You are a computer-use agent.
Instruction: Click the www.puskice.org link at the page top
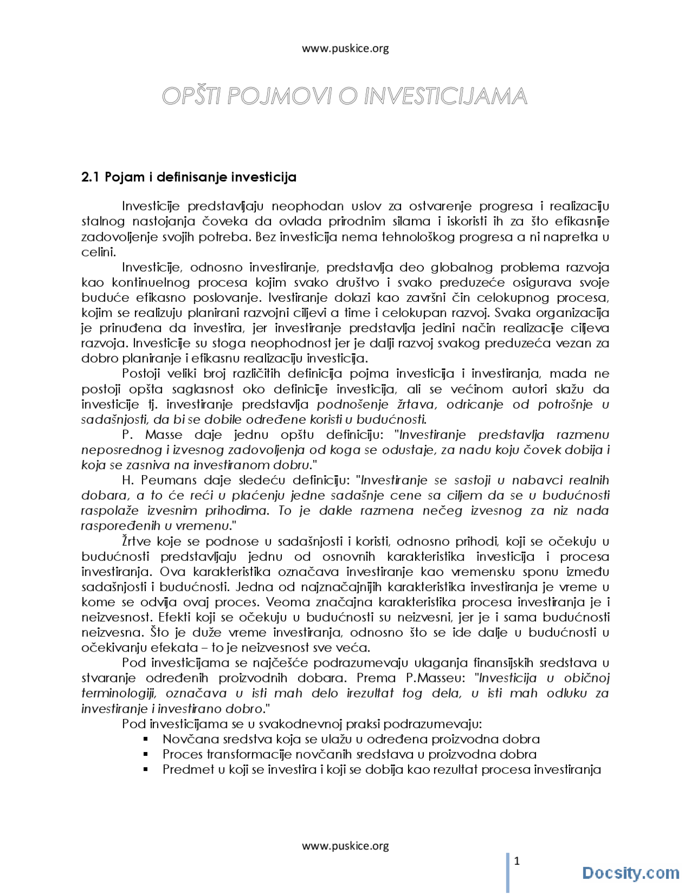(x=345, y=49)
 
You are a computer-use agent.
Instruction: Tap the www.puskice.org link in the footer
(x=345, y=846)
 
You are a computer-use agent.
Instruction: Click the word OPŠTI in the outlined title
(x=192, y=97)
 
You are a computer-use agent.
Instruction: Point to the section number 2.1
(x=90, y=177)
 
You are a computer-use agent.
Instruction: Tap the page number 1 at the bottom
(x=517, y=862)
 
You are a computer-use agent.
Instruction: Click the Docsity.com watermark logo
(x=630, y=873)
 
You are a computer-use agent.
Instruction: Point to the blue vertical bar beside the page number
(x=507, y=872)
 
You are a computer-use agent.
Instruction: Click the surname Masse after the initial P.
(x=164, y=435)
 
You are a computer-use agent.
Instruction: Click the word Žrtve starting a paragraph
(x=137, y=541)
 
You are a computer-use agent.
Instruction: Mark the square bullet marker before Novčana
(x=146, y=739)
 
